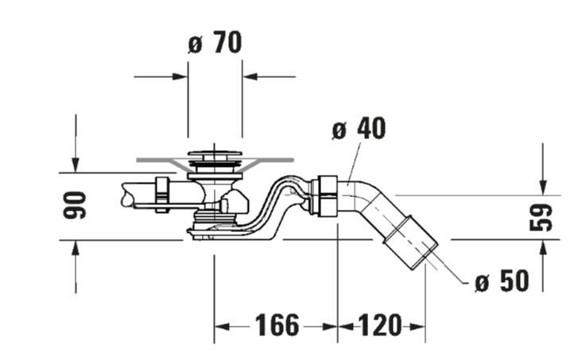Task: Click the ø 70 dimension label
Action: [215, 43]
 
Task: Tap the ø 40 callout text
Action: [359, 129]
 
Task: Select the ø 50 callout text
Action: [502, 281]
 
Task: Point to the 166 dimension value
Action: [277, 325]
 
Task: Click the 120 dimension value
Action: [380, 325]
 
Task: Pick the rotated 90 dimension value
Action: [75, 205]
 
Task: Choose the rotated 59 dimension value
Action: [541, 217]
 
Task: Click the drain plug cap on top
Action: [215, 153]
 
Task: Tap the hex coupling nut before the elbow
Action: [324, 196]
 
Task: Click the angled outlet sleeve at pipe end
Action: [411, 242]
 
